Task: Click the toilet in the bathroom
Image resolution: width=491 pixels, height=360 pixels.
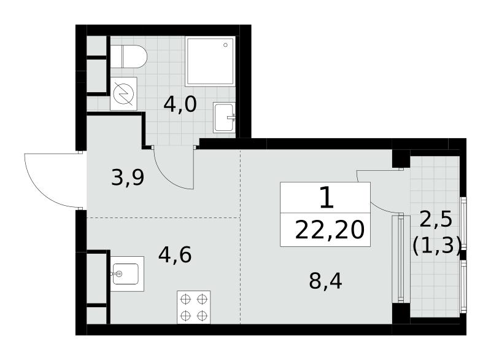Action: tap(128, 57)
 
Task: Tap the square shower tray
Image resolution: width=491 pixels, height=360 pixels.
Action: tap(210, 61)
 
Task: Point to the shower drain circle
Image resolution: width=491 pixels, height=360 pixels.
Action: tap(225, 45)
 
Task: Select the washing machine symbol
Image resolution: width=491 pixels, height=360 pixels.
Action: tap(123, 93)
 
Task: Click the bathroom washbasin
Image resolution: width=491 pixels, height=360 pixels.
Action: tap(224, 117)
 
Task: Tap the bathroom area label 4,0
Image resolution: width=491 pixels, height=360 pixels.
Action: tap(180, 104)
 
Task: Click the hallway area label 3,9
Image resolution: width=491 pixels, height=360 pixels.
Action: tap(128, 178)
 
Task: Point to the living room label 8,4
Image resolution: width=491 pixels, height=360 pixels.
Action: tap(326, 281)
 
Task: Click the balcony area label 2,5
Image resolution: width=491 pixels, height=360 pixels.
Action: tap(436, 219)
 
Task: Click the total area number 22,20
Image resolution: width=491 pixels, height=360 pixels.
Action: tap(330, 230)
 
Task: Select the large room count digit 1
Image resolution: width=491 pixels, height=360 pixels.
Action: tap(327, 198)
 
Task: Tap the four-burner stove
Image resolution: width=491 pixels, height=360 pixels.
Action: tap(193, 307)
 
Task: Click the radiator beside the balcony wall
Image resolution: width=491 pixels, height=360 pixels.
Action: tap(401, 258)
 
